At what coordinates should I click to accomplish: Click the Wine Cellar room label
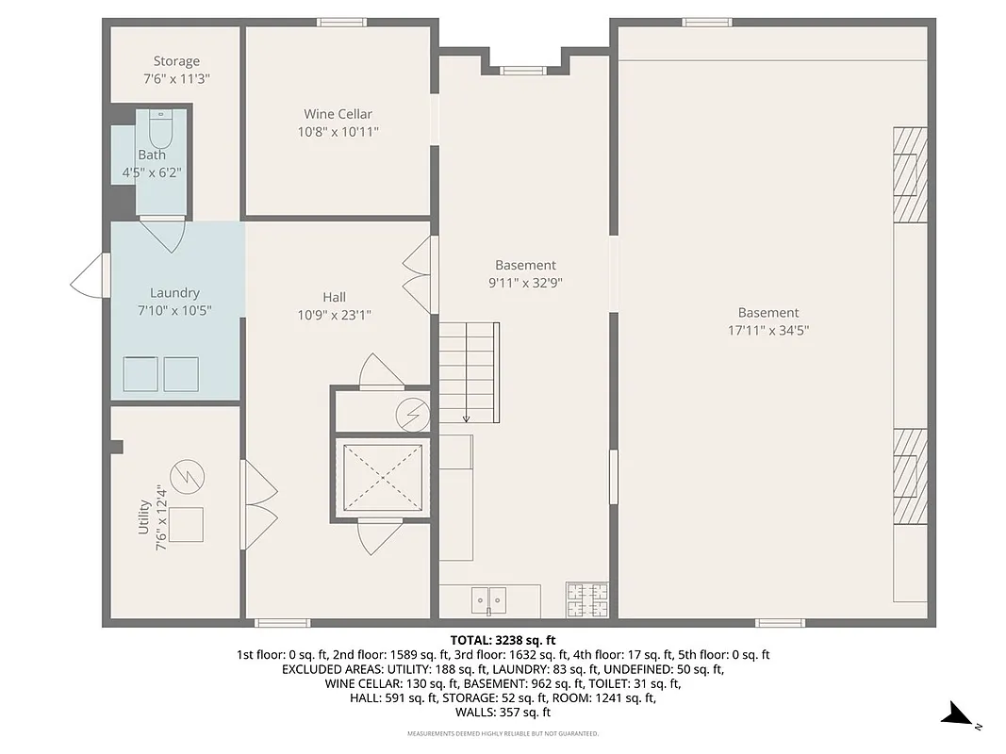338,114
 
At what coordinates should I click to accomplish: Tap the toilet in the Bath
161,126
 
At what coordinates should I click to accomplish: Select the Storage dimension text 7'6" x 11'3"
176,80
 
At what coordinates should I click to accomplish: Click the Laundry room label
174,293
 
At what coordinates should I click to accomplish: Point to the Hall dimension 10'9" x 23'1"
334,316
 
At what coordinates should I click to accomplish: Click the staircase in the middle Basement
469,371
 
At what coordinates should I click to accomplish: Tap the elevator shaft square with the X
382,477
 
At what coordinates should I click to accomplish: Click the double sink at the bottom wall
489,598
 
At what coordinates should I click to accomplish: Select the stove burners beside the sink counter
586,599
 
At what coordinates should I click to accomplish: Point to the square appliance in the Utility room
186,524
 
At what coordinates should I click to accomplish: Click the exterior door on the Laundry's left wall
91,277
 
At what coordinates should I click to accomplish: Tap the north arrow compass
963,715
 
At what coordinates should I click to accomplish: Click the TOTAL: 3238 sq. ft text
503,639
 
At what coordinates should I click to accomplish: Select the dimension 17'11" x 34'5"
767,331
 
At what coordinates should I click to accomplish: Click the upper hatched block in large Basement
910,174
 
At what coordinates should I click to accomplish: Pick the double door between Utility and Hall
258,503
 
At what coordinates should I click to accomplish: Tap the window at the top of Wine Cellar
341,22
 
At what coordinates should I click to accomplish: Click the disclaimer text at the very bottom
503,733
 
